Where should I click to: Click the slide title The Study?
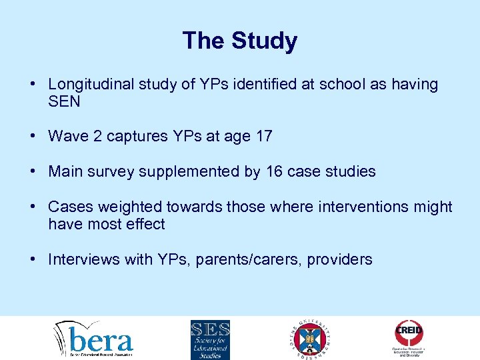[x=239, y=41]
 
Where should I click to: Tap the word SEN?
[x=64, y=102]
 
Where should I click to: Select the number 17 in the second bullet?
[x=263, y=137]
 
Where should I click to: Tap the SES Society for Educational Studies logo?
[x=210, y=339]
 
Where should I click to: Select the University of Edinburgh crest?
[x=311, y=339]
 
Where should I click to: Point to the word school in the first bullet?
[x=332, y=85]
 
